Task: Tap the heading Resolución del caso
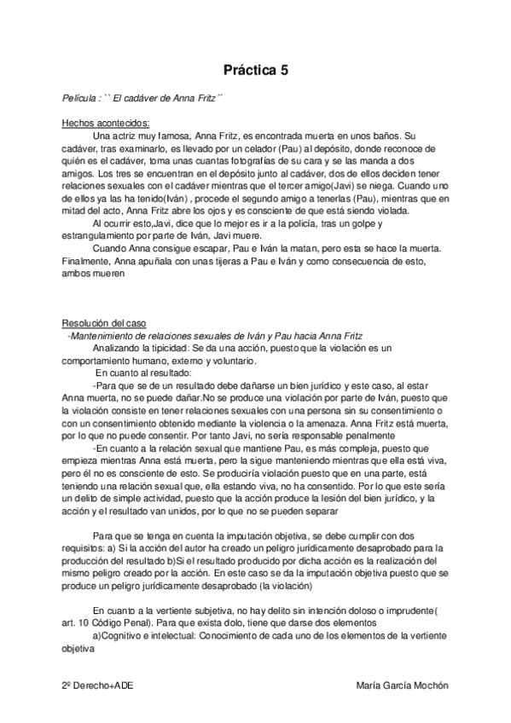tap(104, 323)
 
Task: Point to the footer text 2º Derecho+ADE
tap(96, 685)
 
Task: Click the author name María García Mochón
tap(400, 685)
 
